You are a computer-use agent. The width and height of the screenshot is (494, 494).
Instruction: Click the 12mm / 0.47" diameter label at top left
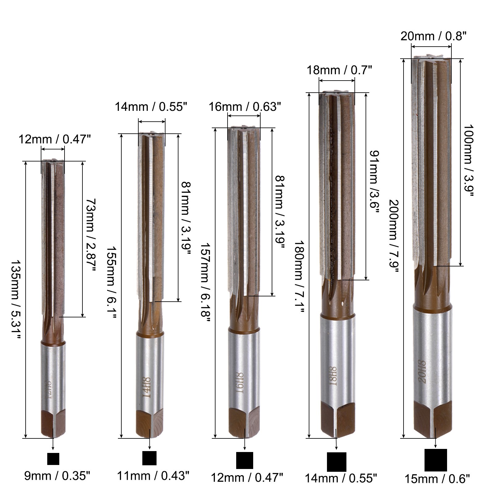[x=54, y=140]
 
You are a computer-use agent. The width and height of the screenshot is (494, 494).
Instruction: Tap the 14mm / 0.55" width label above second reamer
[x=151, y=107]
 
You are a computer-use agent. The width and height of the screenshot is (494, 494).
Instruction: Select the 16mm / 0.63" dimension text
[x=245, y=107]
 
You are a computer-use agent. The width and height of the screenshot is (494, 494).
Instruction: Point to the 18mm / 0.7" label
[x=339, y=70]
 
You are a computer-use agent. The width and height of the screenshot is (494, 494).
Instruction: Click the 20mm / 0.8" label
[x=433, y=36]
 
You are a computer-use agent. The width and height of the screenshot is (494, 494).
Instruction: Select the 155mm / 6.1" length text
[x=111, y=283]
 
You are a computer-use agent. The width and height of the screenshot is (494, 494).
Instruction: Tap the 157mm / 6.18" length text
[x=205, y=283]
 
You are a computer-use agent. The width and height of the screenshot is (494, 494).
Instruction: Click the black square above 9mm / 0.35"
[x=53, y=459]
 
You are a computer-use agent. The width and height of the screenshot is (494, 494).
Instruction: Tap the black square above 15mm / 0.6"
[x=436, y=460]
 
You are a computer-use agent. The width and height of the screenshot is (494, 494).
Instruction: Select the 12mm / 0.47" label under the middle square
[x=247, y=478]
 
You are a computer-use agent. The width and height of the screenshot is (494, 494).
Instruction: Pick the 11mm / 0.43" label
[x=153, y=475]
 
